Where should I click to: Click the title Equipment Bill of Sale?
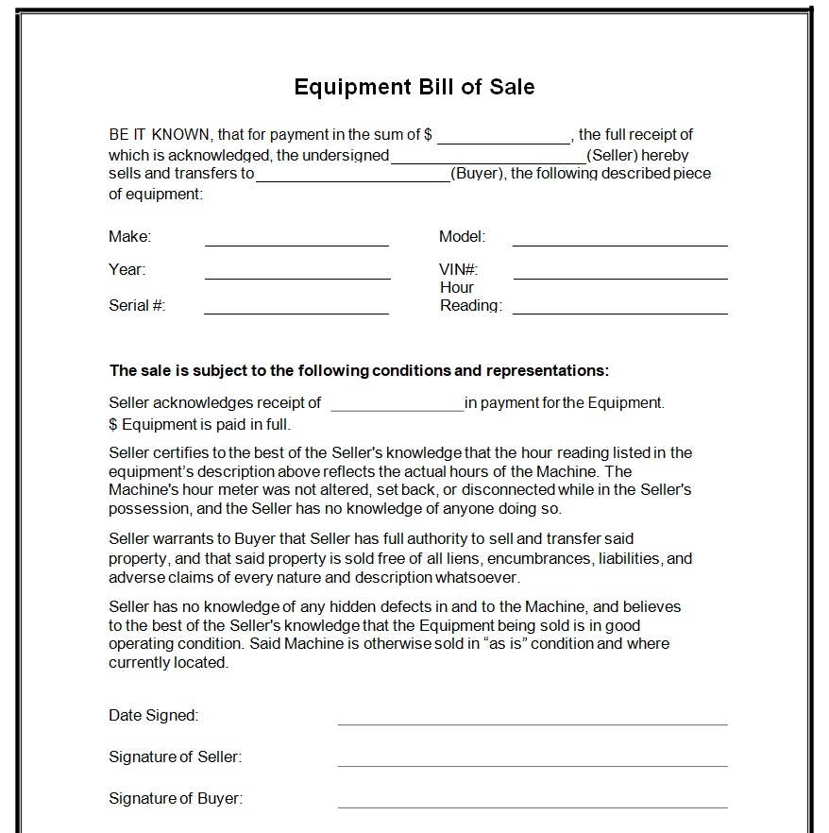pos(414,88)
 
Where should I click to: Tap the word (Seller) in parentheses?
pos(612,155)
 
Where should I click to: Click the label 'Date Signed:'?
pos(153,716)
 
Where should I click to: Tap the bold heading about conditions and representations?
pos(359,370)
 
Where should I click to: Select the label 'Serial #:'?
pos(137,305)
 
